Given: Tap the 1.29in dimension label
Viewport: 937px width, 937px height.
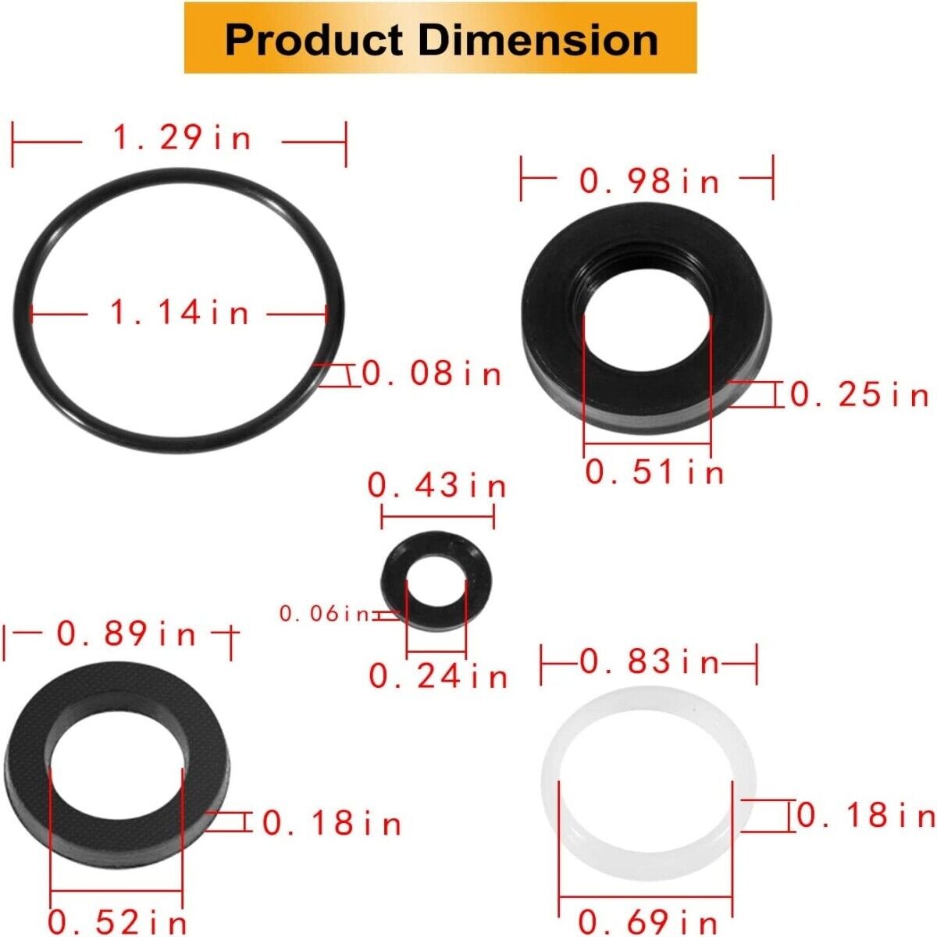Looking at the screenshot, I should click(x=183, y=139).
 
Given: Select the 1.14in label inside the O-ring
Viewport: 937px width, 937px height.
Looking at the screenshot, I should click(x=180, y=314).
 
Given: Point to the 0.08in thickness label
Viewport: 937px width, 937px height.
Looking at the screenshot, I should click(x=432, y=375).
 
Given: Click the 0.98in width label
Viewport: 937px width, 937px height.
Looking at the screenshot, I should click(x=649, y=182).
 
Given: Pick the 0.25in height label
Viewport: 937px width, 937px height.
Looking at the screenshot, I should click(x=860, y=395).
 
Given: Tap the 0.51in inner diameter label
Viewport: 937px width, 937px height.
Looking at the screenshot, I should click(x=654, y=472).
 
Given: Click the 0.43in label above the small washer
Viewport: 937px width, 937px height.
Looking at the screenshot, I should click(x=437, y=487).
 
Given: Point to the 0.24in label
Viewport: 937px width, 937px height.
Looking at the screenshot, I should click(x=438, y=676).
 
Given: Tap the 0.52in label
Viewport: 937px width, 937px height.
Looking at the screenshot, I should click(x=118, y=922).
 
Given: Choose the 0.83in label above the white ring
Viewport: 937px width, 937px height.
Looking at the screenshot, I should click(x=650, y=663).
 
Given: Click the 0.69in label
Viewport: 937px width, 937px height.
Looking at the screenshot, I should click(x=647, y=922).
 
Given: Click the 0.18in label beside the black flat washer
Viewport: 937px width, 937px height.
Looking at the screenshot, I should click(x=332, y=823).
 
